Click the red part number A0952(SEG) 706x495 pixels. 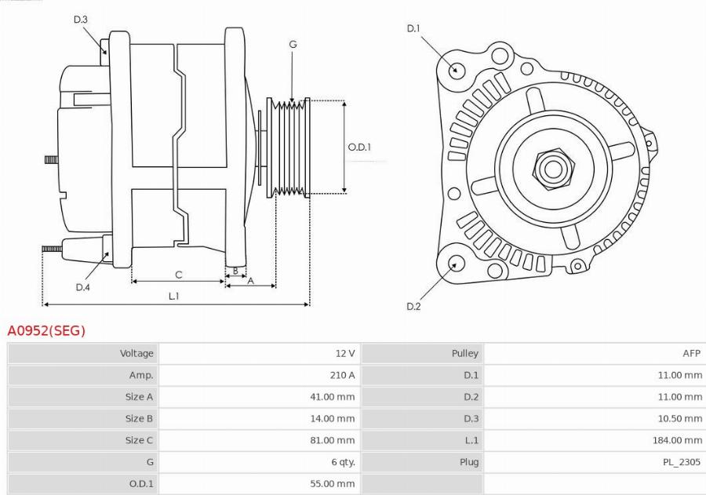pos(46,331)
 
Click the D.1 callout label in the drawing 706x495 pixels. pos(413,29)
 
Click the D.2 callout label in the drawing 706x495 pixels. pos(413,306)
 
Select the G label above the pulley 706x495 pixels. pos(293,45)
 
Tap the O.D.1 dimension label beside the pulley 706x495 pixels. pos(359,147)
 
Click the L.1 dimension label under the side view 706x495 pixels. pos(174,296)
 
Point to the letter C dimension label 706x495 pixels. pos(179,275)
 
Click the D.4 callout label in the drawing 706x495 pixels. pos(83,287)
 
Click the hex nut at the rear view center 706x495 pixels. pos(553,169)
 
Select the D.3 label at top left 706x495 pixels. pos(81,20)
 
